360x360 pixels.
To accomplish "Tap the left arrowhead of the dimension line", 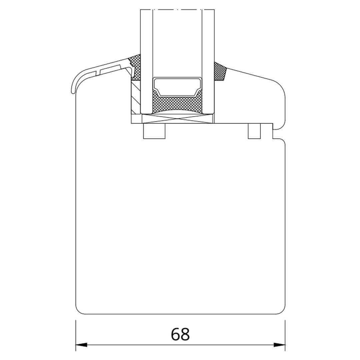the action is tap(81, 345).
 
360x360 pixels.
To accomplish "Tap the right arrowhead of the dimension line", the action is tap(279, 345).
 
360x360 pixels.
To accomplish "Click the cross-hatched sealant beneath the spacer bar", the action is tap(177, 103).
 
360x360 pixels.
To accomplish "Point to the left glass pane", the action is tap(146, 62).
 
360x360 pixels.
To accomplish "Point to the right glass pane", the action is tap(208, 62).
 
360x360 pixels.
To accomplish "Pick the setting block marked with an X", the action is tap(178, 119).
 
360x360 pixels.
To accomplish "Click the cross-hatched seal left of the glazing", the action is tap(135, 68).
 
